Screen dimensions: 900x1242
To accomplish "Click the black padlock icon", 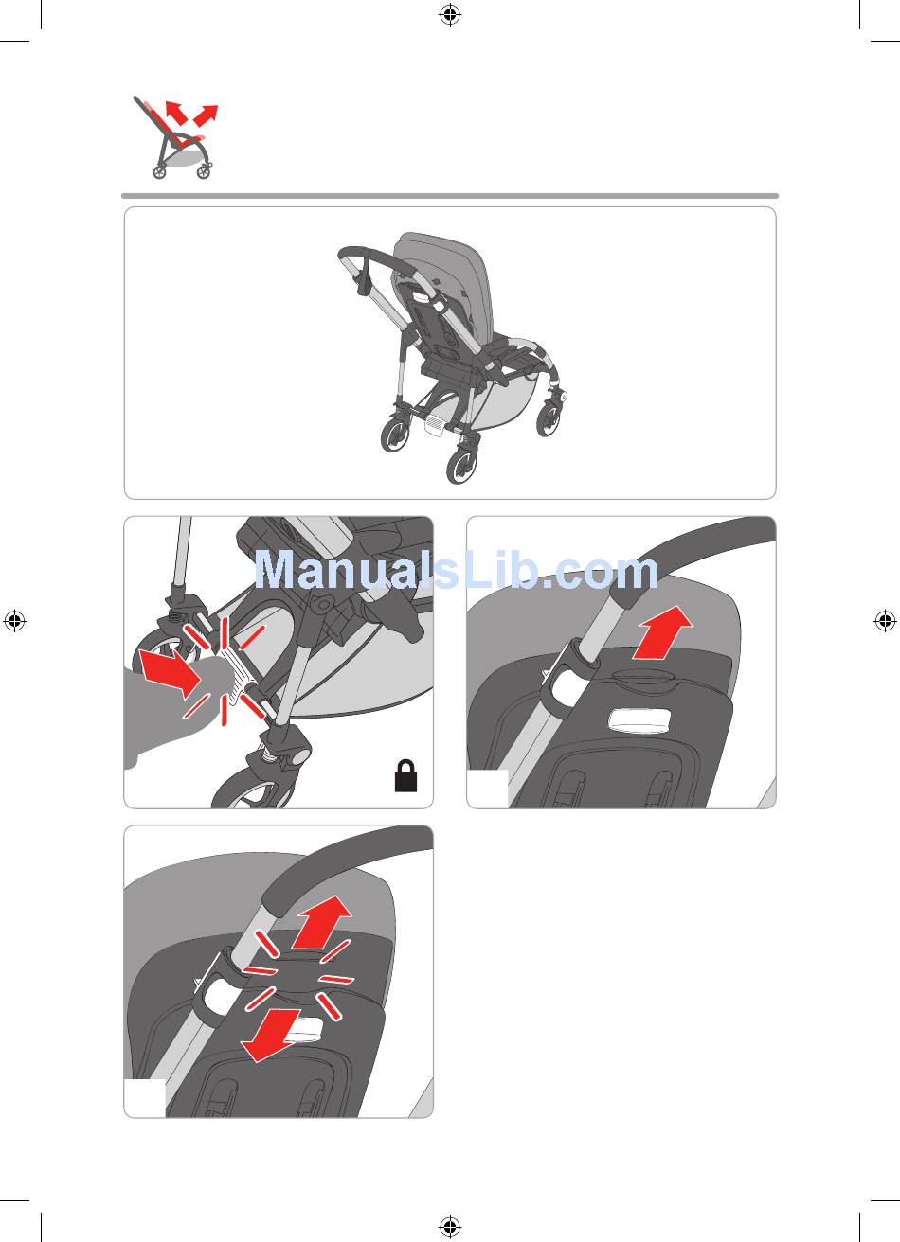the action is point(405,775).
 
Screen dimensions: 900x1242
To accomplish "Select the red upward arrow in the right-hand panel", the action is point(663,633).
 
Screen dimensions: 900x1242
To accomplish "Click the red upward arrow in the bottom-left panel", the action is point(322,921).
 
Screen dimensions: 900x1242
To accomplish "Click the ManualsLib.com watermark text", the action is point(457,570).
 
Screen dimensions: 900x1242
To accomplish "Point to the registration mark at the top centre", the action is point(450,14).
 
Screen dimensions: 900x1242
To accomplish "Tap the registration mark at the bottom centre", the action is point(450,1227).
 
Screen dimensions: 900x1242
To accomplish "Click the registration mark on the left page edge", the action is point(14,621).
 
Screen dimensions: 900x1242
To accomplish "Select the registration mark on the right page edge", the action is point(885,621).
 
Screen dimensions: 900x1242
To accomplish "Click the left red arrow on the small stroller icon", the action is point(175,113).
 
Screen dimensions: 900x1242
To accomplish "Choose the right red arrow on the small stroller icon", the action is point(207,115).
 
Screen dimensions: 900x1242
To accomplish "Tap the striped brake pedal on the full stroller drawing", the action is point(436,424).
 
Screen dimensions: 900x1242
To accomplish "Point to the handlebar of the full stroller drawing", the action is point(374,258).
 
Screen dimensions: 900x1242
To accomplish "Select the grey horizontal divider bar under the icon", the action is point(450,196).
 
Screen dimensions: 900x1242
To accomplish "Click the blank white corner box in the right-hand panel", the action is point(488,789).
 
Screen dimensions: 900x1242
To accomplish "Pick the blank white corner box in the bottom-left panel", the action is point(145,1098).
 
